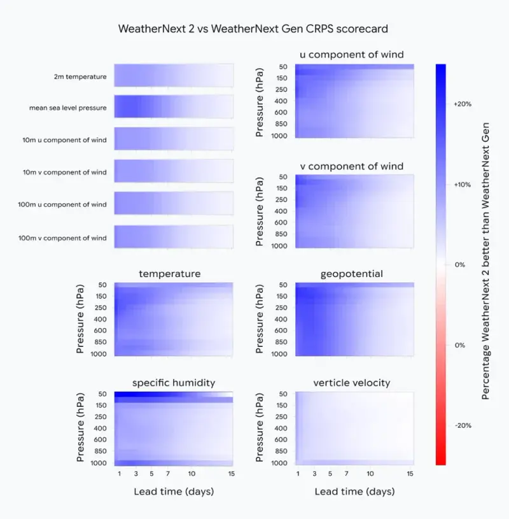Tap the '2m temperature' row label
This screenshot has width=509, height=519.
(80, 76)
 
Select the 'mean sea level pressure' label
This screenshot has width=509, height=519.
(67, 108)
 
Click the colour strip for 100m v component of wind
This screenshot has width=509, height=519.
(173, 237)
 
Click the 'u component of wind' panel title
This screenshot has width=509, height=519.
(352, 55)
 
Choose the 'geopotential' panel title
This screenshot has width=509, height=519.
(352, 274)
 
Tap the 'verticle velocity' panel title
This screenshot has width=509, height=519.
(352, 383)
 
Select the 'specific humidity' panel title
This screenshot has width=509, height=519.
(174, 383)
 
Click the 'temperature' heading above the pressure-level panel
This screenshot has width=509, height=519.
(170, 274)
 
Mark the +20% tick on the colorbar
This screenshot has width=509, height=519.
(462, 104)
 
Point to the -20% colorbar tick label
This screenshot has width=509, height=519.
(463, 425)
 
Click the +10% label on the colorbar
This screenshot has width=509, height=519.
(462, 185)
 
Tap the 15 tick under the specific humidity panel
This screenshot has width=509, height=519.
(232, 474)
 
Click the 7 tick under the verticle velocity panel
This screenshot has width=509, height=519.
(345, 474)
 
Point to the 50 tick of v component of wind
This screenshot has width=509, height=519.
(283, 177)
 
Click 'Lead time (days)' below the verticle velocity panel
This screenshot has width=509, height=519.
(354, 492)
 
